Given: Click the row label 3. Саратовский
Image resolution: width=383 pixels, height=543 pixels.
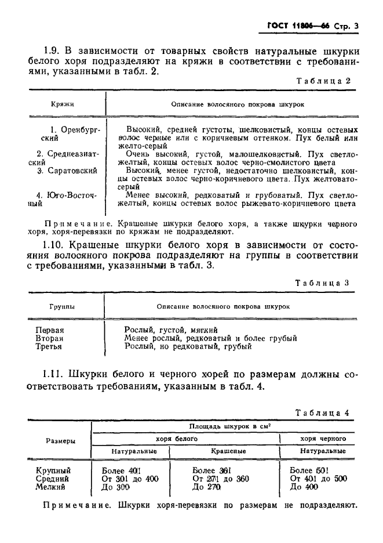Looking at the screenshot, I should click(67, 171).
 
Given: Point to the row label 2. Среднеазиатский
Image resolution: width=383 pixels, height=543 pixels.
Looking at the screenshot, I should click(67, 158).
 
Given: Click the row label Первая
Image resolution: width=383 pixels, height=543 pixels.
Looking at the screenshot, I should click(50, 330).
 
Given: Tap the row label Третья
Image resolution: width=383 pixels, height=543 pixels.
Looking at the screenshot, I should click(49, 347).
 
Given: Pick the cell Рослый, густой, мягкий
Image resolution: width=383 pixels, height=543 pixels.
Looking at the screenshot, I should click(163, 330).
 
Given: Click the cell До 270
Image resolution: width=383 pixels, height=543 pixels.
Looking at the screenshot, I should click(206, 487).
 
